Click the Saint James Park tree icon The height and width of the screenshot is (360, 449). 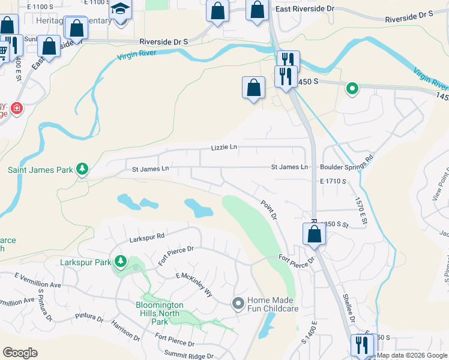pos(82,170)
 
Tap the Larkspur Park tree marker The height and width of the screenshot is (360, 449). pos(121,262)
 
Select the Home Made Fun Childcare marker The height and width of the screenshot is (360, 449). pos(238,304)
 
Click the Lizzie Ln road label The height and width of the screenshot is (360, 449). pos(224,147)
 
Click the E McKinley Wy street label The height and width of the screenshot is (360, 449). pos(194,284)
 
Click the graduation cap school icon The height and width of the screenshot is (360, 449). pos(120,10)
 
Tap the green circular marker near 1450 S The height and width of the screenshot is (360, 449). pos(352,89)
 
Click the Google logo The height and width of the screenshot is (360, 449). pos(20,353)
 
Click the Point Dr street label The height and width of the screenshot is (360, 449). pos(268,209)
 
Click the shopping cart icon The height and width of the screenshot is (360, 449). pos(3,51)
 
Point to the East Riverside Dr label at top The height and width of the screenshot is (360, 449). pos(304,9)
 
